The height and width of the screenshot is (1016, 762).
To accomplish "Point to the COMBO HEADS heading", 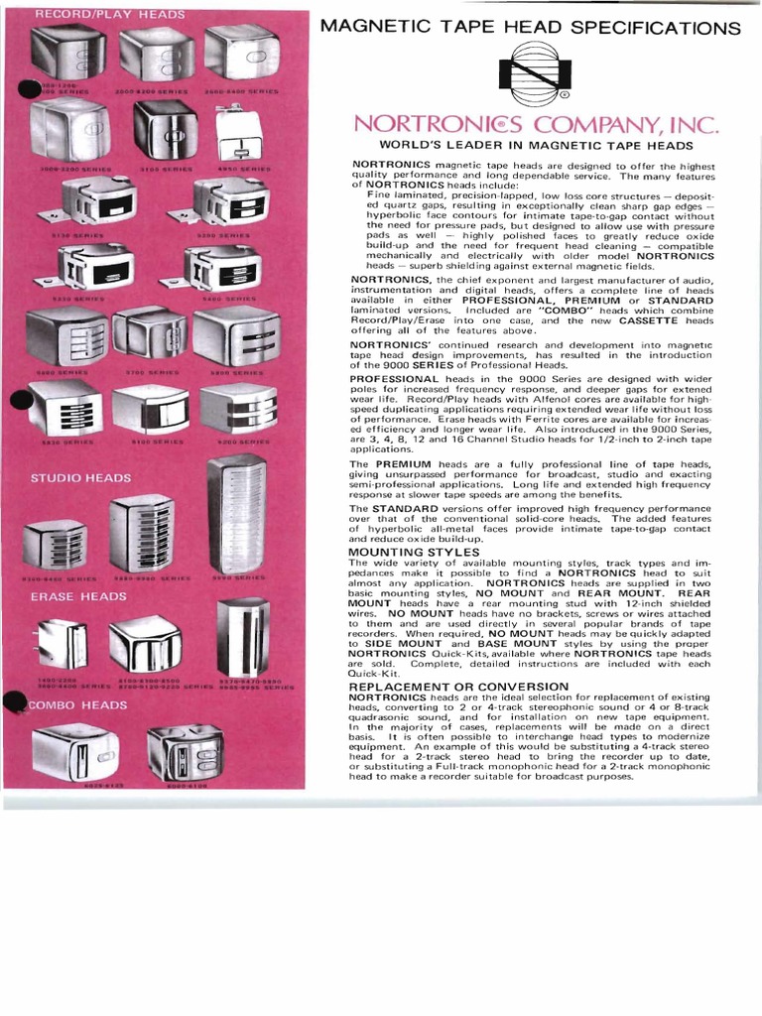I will (x=77, y=704).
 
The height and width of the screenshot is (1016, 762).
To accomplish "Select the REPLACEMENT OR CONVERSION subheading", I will (x=458, y=687).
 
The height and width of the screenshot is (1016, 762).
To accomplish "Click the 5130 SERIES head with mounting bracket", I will (x=94, y=203).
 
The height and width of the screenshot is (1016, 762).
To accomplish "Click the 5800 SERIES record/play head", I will (x=236, y=335).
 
